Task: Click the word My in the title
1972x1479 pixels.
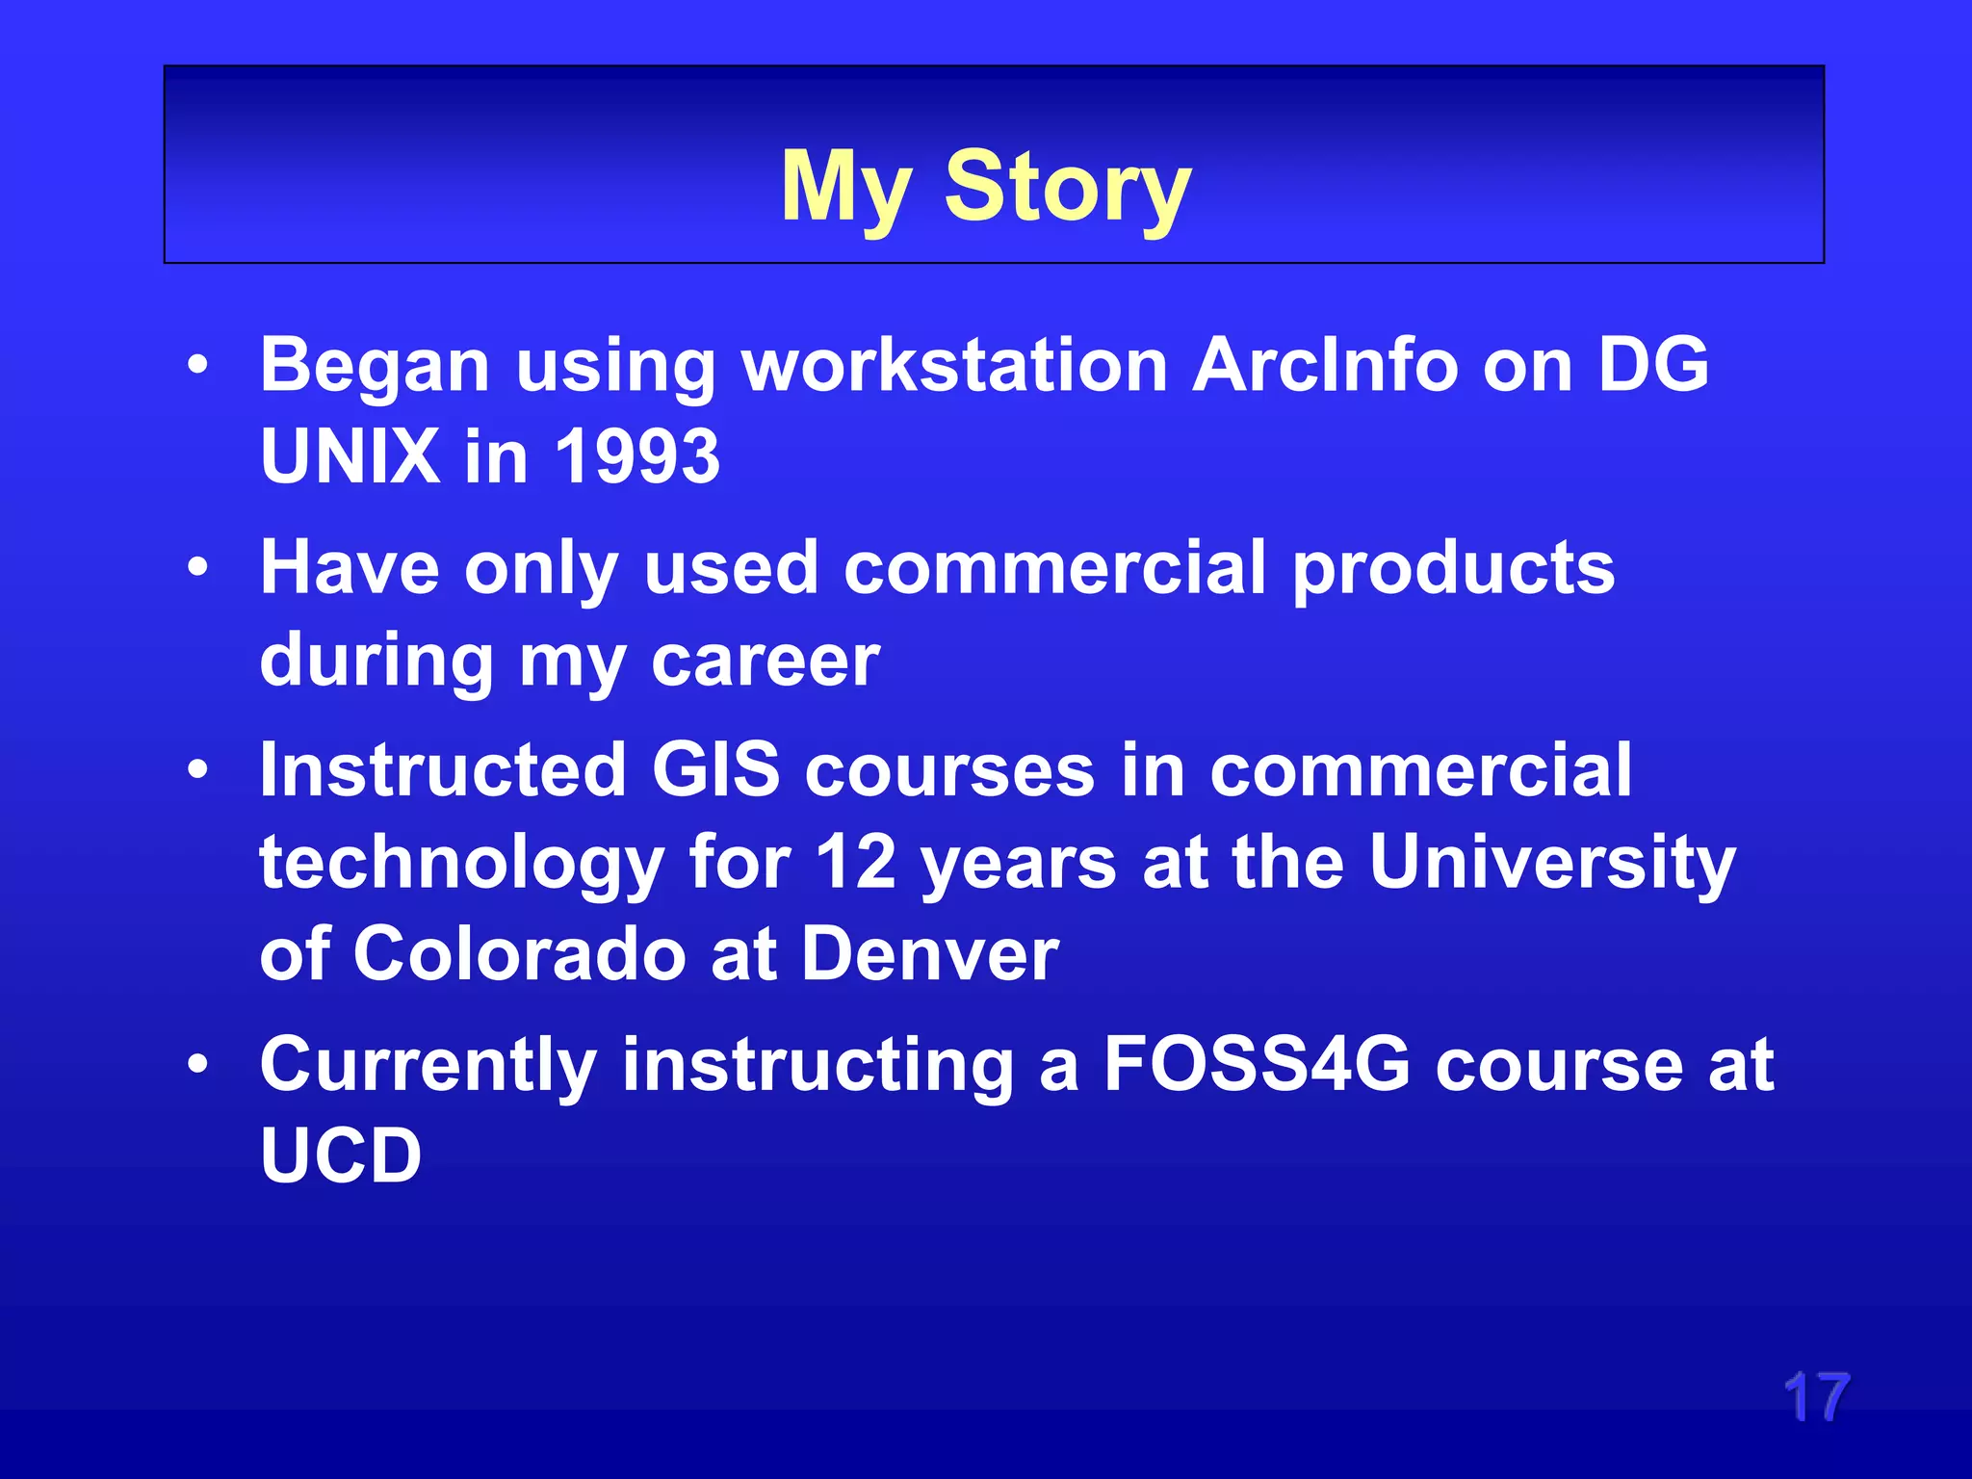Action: tap(845, 188)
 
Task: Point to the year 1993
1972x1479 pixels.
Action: tap(637, 455)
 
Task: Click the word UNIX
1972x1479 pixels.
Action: tap(350, 455)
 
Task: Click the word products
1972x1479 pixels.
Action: tap(1453, 569)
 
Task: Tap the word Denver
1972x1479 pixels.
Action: tap(930, 953)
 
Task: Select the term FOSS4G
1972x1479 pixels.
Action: tap(1257, 1064)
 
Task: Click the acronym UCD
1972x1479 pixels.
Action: tap(341, 1155)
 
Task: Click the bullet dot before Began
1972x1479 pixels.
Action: tap(198, 365)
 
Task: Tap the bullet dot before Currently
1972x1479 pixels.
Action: tap(198, 1064)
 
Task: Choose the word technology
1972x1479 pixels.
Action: tap(461, 863)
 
